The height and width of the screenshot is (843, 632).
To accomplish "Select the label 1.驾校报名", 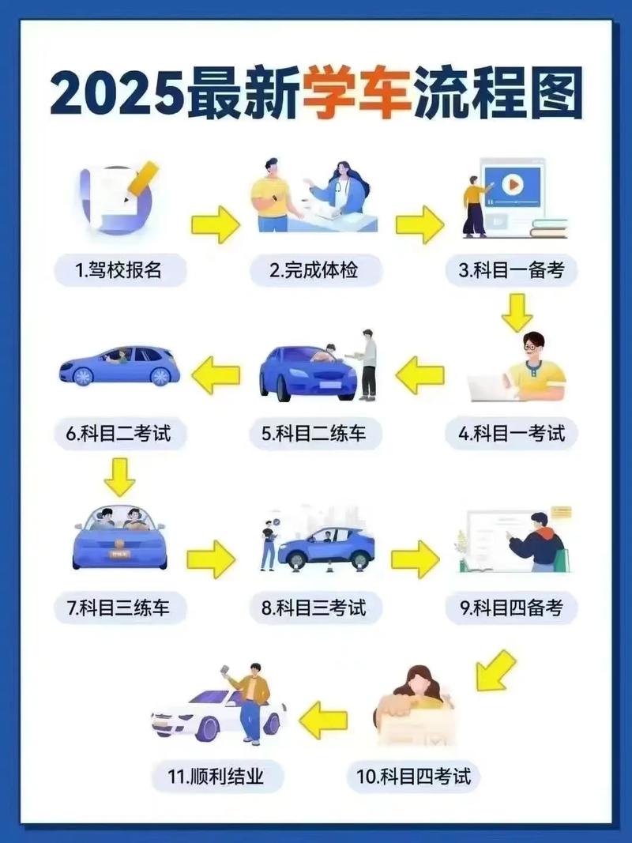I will tap(120, 270).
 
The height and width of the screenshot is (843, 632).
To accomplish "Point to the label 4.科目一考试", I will tap(512, 433).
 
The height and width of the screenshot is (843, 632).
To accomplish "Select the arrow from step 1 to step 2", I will tap(216, 224).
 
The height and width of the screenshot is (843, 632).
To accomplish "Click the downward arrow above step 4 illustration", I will tap(517, 312).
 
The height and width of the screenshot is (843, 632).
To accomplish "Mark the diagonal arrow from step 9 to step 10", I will tap(495, 670).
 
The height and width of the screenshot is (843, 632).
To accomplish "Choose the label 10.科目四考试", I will tap(413, 777).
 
